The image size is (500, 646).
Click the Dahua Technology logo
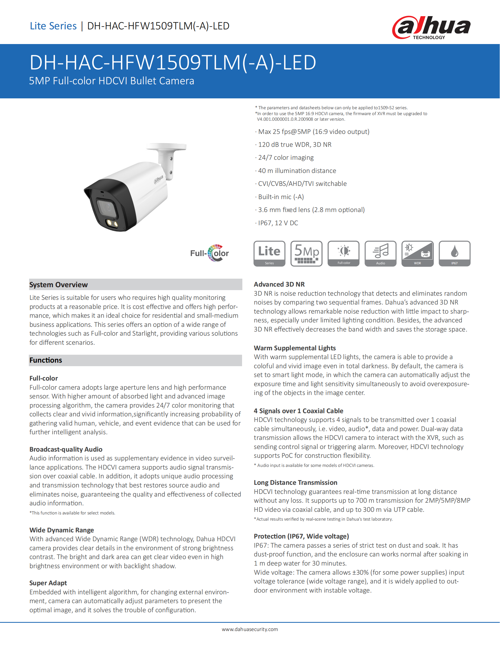coord(431,28)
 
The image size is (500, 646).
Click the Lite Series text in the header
coord(53,26)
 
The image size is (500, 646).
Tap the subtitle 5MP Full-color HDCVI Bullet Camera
coord(111,81)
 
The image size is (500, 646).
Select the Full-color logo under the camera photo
coord(209,253)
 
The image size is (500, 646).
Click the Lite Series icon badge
coord(269,254)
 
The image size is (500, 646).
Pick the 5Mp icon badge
coord(306,254)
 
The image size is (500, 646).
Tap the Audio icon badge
coord(380,254)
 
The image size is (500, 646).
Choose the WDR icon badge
coord(417,254)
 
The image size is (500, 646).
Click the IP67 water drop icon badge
coord(454,254)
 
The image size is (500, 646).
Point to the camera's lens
coord(107,207)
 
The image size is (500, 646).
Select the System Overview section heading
coord(59,285)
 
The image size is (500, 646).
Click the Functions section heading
coord(46,360)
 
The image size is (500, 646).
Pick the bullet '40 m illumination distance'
coord(297,171)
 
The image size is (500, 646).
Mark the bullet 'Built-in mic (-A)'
coord(281,197)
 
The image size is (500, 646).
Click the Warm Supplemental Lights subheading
coord(295,348)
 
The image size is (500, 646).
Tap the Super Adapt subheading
coord(48,583)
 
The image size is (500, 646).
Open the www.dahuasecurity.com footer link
coord(250,629)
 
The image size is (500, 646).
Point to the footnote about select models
coord(72,513)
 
